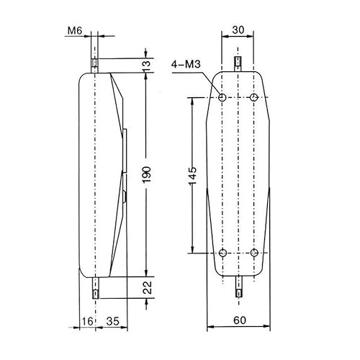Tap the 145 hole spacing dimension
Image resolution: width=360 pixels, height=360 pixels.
(192, 175)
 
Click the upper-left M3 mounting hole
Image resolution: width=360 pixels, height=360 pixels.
(222, 97)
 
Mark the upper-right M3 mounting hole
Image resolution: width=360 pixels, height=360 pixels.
(254, 97)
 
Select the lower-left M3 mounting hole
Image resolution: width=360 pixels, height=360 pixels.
(222, 253)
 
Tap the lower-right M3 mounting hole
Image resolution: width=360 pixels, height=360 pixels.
(254, 253)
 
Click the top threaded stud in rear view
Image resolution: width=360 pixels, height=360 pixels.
(238, 64)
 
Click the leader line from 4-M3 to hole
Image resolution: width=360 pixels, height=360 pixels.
(213, 82)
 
